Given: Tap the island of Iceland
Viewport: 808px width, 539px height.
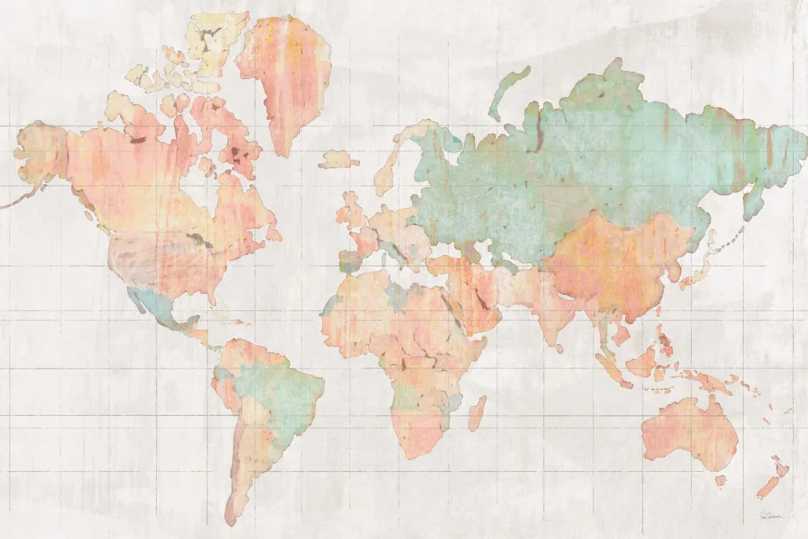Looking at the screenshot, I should (x=339, y=159).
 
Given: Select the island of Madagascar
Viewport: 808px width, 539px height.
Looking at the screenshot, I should (x=477, y=412).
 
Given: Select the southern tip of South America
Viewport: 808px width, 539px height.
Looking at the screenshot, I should (x=230, y=517).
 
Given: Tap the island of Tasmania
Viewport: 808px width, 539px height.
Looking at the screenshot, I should (x=720, y=480).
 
